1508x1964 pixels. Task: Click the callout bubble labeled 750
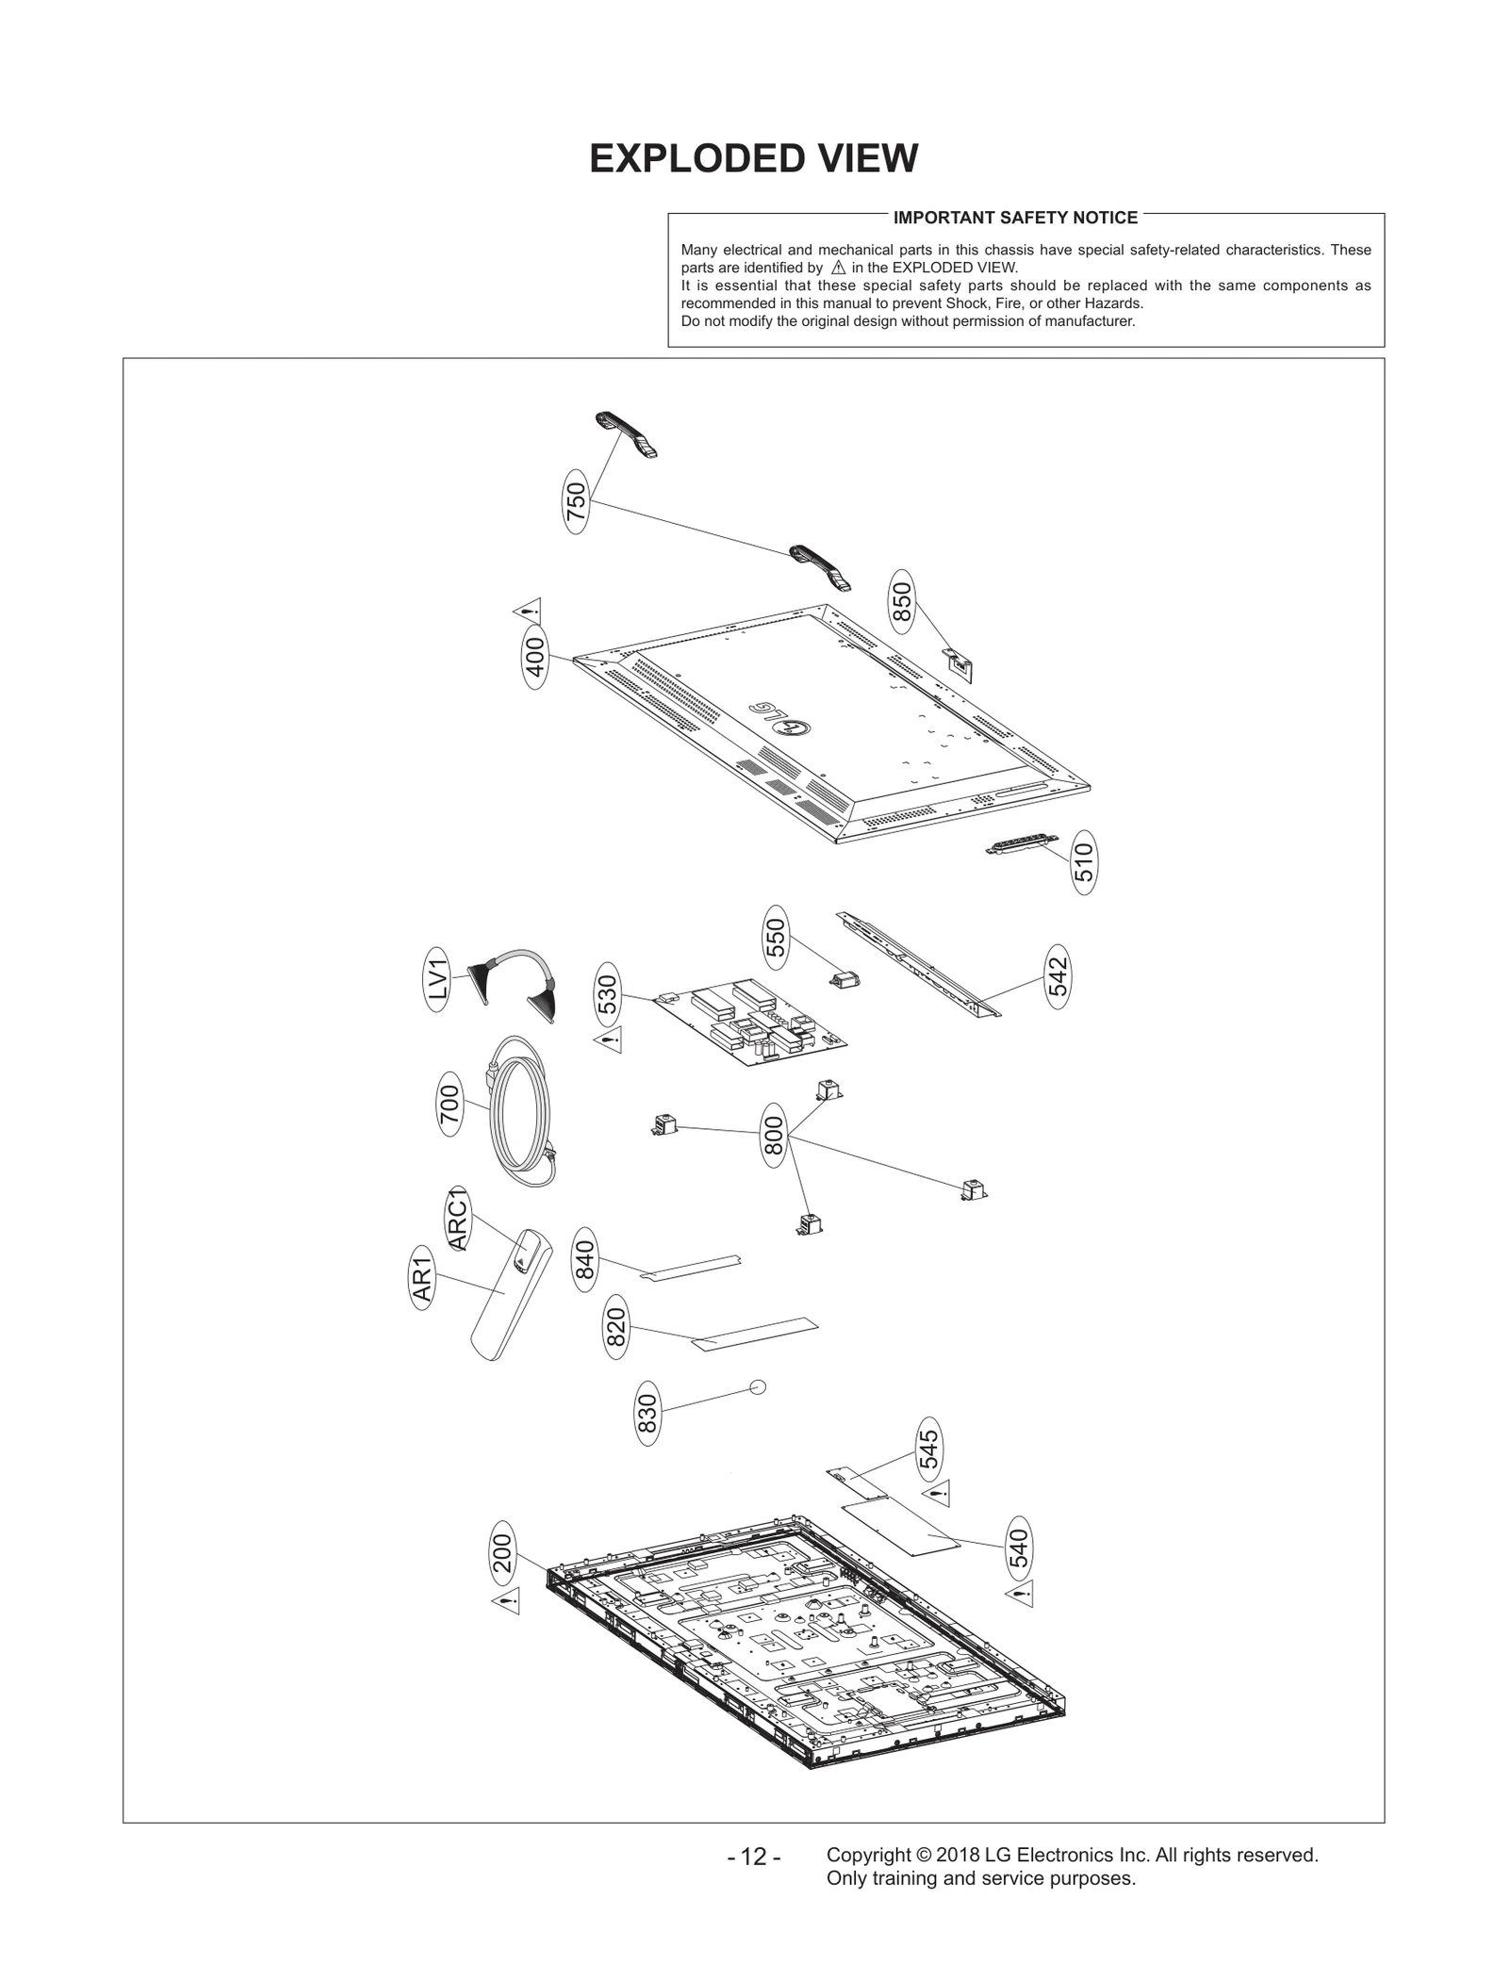pos(576,502)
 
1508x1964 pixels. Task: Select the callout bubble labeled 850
pos(902,602)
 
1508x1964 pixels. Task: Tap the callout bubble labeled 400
pos(534,658)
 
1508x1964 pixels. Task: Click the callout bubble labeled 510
pos(1084,861)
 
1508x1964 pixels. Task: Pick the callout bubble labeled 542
pos(1057,976)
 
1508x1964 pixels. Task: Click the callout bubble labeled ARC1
pos(458,1219)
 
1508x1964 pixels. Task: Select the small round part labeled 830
pos(757,1386)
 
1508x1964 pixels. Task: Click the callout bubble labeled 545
pos(928,1449)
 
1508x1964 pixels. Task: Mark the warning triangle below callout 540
pos(1020,1596)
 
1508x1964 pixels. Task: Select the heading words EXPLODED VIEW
pos(753,158)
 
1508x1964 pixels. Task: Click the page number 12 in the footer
pos(753,1857)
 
